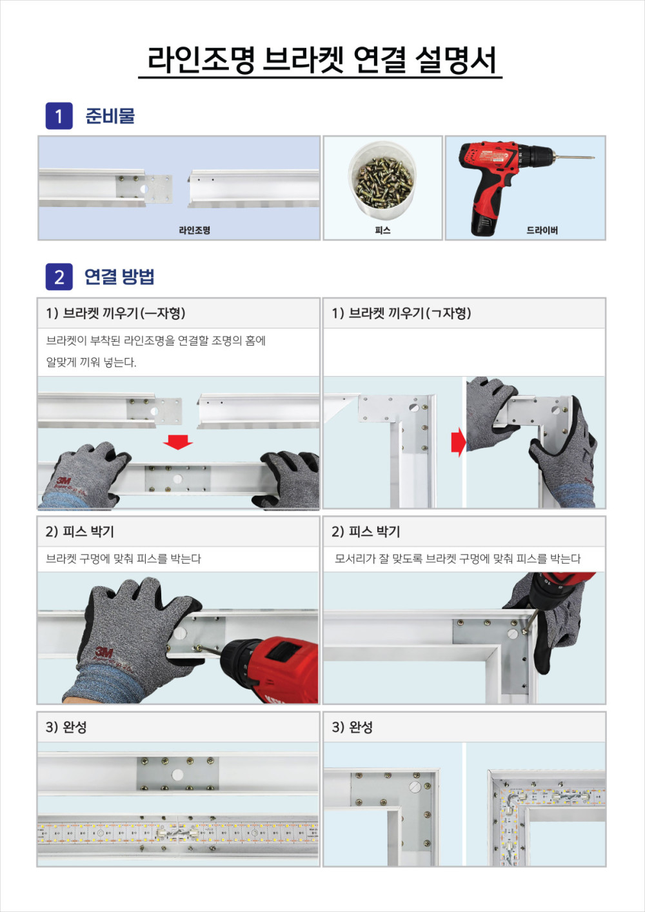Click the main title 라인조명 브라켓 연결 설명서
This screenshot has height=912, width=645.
(322, 60)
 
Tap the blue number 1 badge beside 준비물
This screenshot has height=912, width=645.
(59, 116)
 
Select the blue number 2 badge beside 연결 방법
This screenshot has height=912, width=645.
(59, 277)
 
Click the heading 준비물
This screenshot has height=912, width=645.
(110, 116)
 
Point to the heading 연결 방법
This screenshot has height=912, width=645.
(119, 277)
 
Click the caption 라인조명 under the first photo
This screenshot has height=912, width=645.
(195, 230)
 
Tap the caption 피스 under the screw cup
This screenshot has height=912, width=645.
(382, 230)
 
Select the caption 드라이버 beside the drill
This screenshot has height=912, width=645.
(542, 230)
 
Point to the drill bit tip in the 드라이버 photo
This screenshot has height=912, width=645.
(593, 157)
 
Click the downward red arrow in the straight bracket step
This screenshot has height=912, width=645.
(178, 442)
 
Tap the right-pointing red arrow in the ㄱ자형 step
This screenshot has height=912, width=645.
(458, 442)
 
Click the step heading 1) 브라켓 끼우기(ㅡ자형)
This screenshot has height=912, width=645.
(115, 313)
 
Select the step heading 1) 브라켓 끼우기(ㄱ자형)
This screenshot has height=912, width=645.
(401, 313)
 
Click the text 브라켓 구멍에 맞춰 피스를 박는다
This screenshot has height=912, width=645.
(123, 559)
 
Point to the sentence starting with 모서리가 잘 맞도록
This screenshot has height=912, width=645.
(458, 559)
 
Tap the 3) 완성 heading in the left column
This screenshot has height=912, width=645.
(66, 727)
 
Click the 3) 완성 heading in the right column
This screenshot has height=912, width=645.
(352, 727)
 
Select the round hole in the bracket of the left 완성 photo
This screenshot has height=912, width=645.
(177, 775)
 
